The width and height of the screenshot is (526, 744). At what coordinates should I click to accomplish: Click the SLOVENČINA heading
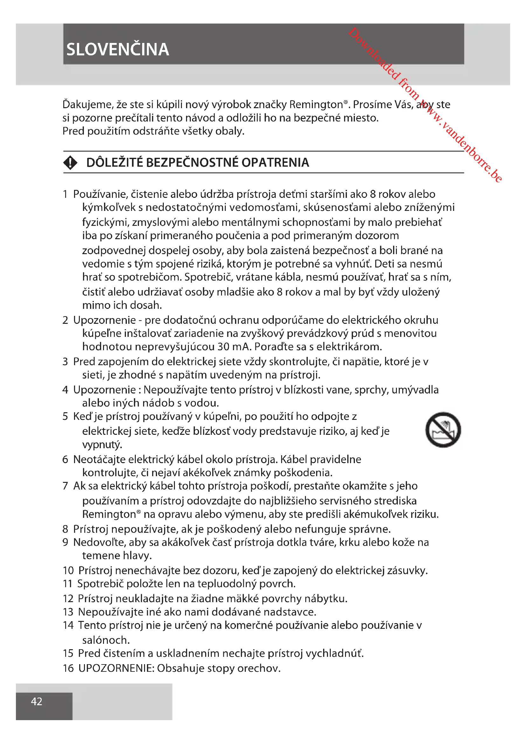click(118, 50)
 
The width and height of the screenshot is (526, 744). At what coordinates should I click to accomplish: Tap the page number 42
click(37, 701)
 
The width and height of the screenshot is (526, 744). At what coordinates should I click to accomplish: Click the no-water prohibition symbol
click(443, 430)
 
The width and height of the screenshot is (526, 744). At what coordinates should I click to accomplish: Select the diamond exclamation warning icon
click(70, 162)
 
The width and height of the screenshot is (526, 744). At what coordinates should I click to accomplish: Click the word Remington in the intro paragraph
click(316, 104)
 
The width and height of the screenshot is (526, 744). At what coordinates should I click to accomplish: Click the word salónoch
click(106, 640)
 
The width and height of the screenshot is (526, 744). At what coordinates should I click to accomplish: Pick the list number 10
click(68, 570)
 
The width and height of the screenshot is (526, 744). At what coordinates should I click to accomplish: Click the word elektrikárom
click(349, 346)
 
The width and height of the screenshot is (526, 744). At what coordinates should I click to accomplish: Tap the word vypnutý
click(102, 444)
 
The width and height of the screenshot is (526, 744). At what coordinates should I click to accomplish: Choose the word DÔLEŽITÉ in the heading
click(114, 162)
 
